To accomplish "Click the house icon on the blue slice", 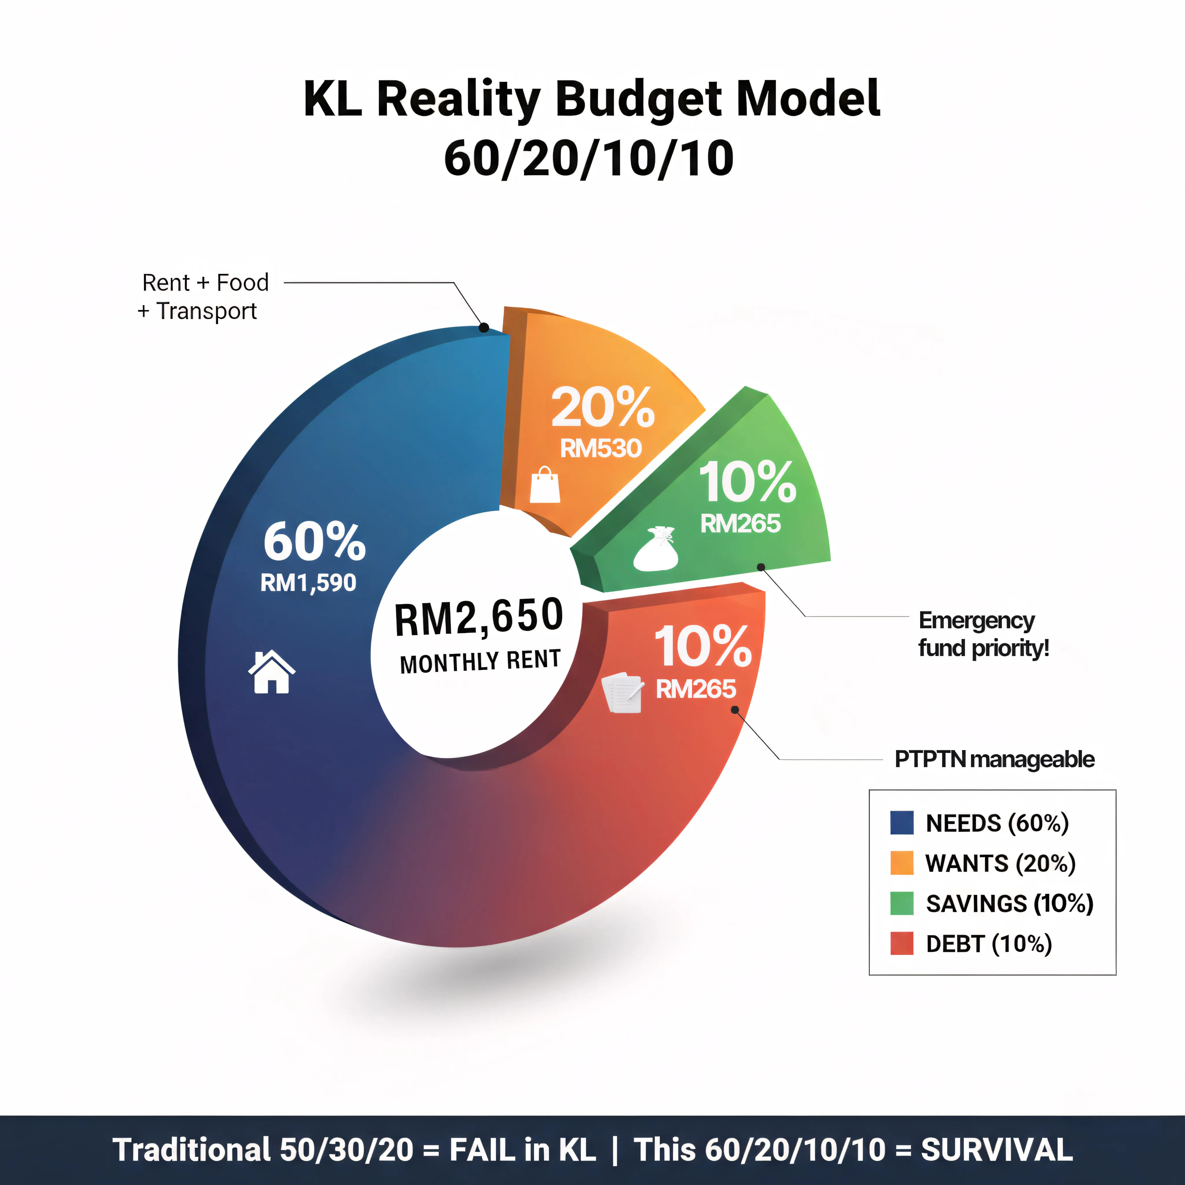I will (x=271, y=672).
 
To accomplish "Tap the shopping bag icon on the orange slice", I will (x=545, y=485).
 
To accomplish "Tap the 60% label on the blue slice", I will (x=314, y=542).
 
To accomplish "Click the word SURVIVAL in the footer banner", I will (x=997, y=1149).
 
